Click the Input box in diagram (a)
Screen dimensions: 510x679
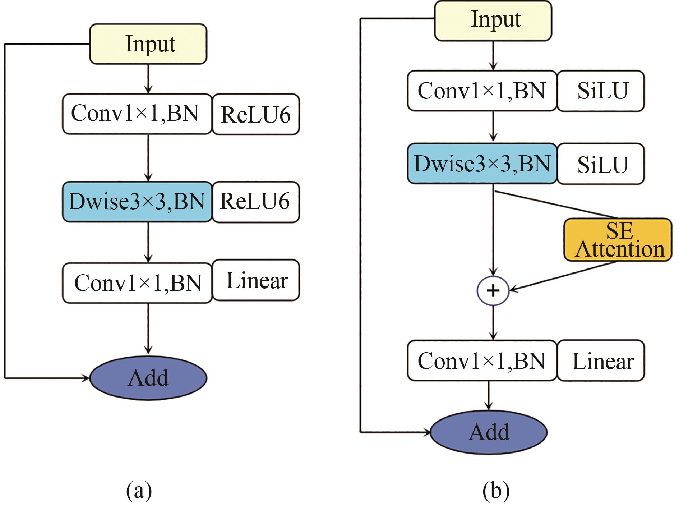(x=148, y=44)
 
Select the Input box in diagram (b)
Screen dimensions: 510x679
(x=493, y=20)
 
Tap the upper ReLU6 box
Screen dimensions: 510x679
(x=256, y=115)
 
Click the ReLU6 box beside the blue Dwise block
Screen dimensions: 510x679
(x=256, y=202)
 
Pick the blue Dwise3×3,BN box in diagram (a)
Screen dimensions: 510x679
(x=137, y=202)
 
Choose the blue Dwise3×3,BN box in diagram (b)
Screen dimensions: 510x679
(x=482, y=164)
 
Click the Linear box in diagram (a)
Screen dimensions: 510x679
(x=256, y=280)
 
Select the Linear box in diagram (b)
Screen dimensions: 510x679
(x=601, y=360)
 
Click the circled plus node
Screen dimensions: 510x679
(x=493, y=290)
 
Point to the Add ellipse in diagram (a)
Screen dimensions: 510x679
(x=148, y=378)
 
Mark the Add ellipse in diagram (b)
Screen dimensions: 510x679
(x=489, y=432)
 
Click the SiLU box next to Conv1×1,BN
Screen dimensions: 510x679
(x=601, y=91)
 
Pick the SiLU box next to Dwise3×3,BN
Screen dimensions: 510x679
(x=601, y=164)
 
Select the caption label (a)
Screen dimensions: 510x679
(x=139, y=491)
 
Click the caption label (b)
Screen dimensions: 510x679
(x=496, y=491)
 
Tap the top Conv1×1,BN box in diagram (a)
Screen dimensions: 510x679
(x=137, y=114)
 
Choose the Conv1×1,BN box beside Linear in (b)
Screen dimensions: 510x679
(x=482, y=360)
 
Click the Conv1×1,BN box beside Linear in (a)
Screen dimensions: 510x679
(x=137, y=283)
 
